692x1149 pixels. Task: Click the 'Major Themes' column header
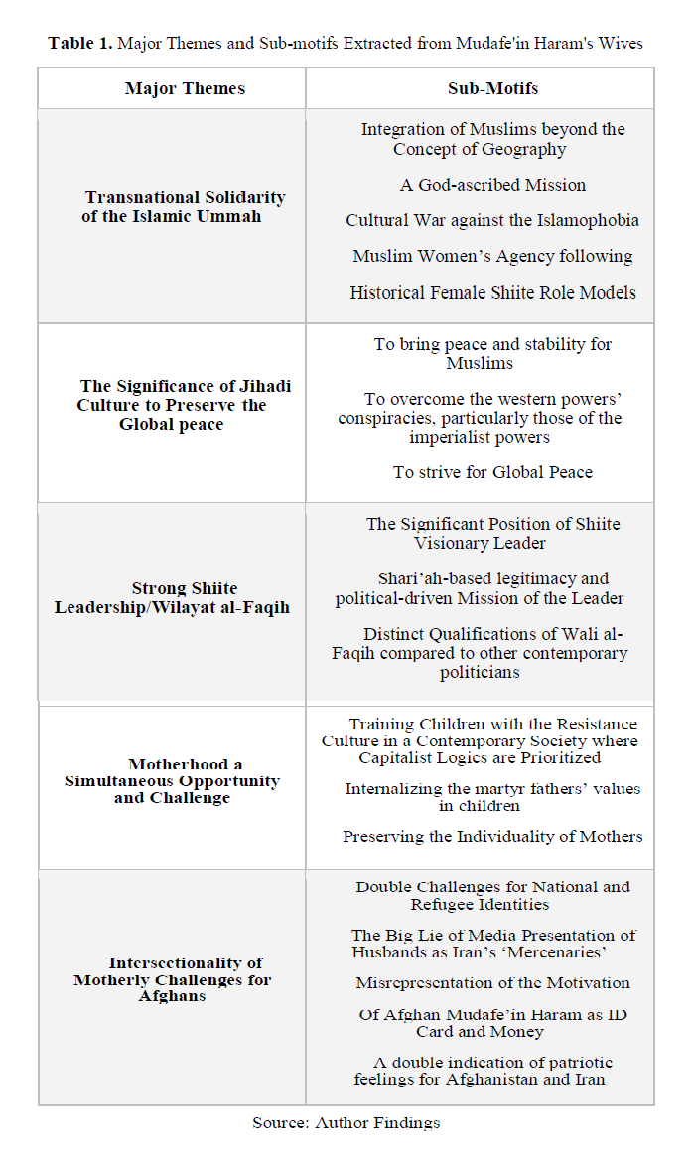tap(185, 88)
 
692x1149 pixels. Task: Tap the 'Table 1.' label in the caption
tap(80, 43)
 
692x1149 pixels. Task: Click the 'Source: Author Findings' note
tap(346, 1122)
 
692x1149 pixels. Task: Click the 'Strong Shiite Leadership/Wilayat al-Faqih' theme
tap(172, 597)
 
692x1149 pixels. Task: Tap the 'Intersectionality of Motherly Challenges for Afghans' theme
tap(172, 979)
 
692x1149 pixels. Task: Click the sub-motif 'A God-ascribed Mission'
tap(492, 185)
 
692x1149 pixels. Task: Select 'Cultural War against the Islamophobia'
tap(492, 220)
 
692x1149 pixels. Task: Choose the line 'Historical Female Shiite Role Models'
tap(492, 292)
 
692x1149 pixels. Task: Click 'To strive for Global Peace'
tap(492, 472)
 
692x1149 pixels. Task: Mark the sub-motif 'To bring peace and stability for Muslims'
tap(492, 353)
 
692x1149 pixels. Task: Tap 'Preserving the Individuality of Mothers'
tap(492, 836)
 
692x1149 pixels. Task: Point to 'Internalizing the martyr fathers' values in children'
tap(492, 797)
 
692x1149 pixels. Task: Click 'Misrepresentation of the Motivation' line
tap(492, 982)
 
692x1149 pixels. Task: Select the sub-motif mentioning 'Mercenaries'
tap(492, 943)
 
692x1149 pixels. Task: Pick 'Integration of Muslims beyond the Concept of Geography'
tap(492, 139)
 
